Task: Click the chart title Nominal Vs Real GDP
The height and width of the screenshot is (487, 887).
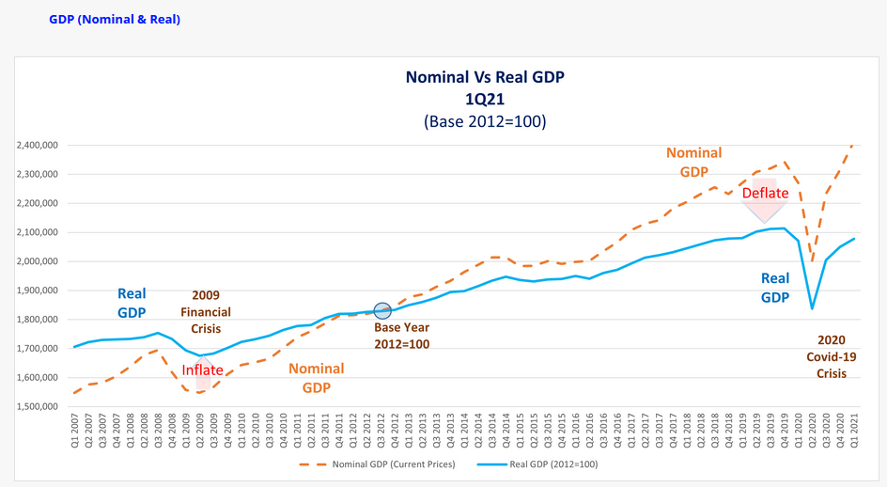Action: (484, 77)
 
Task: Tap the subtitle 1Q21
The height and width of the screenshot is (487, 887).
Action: (484, 100)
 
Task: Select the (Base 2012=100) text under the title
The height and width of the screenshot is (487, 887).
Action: (484, 121)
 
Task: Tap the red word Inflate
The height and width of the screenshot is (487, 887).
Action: (203, 370)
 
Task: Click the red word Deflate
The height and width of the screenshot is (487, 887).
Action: (765, 194)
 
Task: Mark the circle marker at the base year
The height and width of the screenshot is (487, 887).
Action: (382, 311)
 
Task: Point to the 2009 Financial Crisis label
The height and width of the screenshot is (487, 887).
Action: (205, 312)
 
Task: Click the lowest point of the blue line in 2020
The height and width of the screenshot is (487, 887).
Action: (812, 307)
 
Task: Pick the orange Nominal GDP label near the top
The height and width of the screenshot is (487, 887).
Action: (693, 162)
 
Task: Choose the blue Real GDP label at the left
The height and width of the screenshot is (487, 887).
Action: (132, 303)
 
